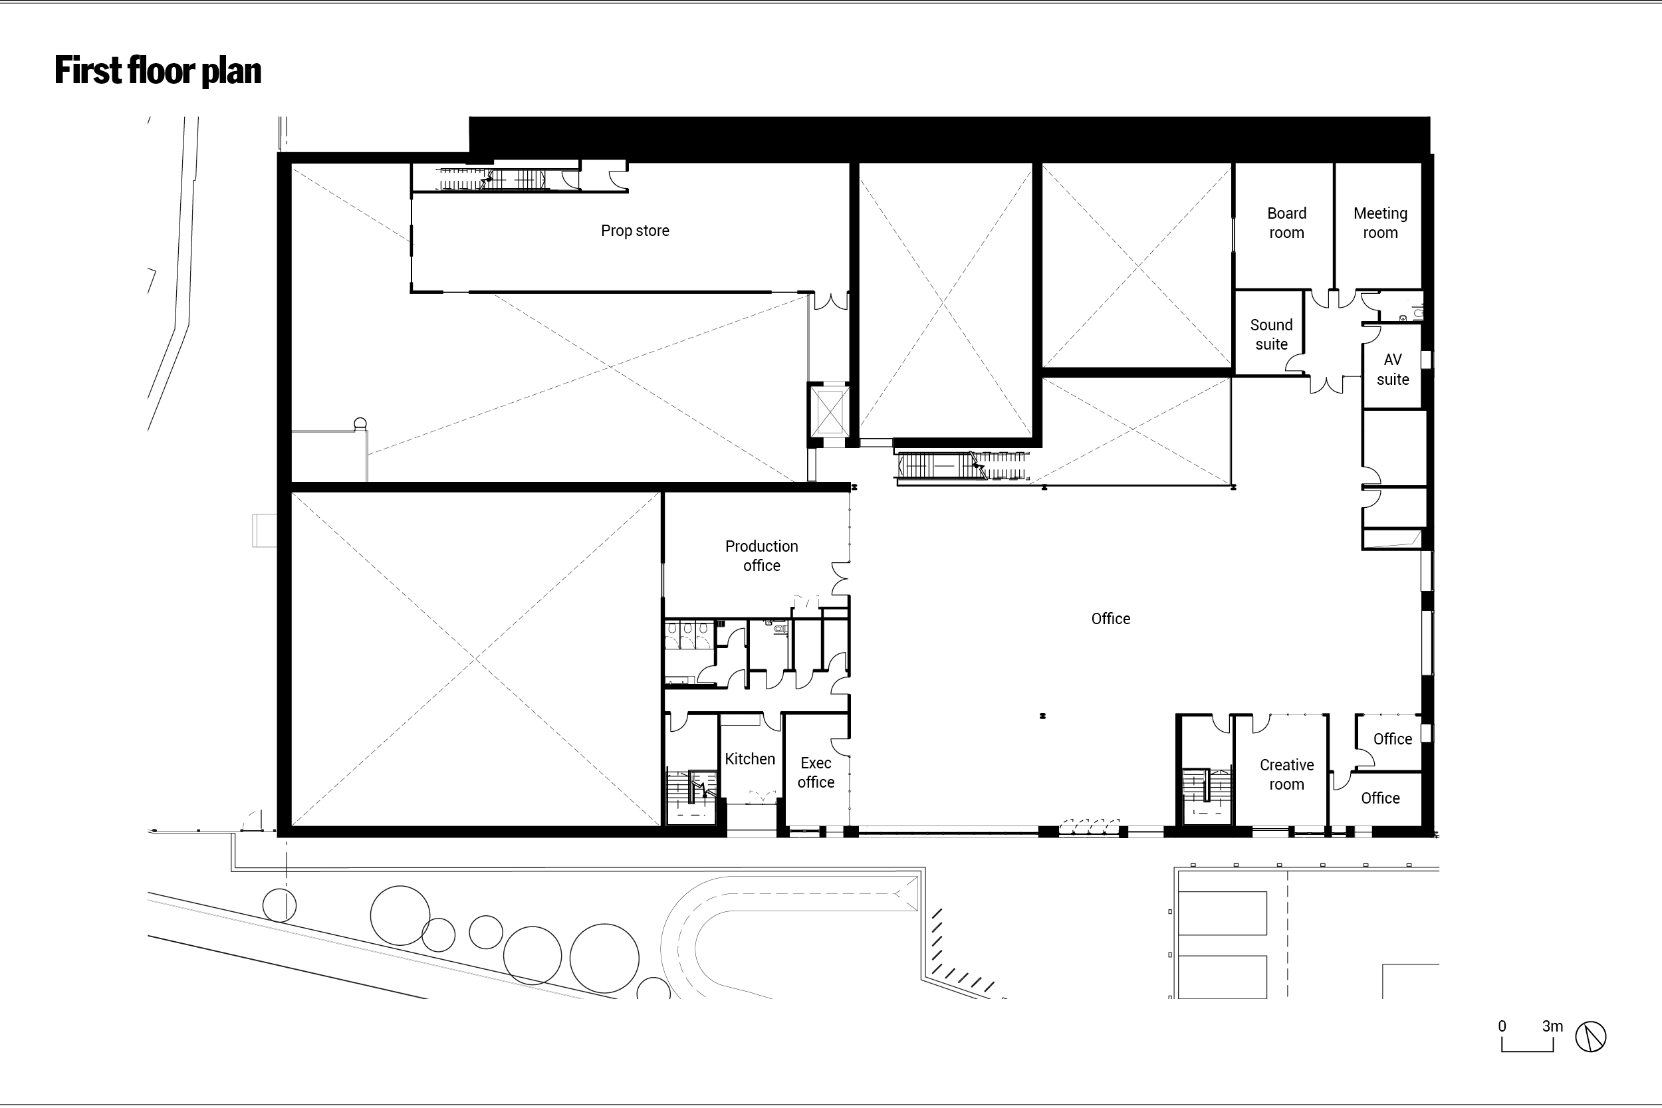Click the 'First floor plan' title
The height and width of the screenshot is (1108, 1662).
[158, 70]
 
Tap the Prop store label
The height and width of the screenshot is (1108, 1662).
[635, 231]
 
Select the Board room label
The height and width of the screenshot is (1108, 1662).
[1286, 223]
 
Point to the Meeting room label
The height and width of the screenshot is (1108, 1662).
[1380, 223]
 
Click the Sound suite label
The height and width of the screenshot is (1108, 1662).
[1271, 334]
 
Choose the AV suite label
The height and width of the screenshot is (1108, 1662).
[1392, 369]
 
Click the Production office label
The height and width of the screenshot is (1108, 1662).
[761, 556]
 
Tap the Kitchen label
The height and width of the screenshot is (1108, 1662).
[750, 759]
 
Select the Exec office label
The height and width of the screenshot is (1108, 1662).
[816, 772]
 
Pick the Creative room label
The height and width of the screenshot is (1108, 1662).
[1286, 774]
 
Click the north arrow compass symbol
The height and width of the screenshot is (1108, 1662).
[1591, 1037]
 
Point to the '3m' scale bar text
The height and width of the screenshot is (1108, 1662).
[1552, 1026]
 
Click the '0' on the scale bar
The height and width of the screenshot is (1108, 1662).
[1502, 1026]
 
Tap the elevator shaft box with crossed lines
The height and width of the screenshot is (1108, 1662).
[829, 410]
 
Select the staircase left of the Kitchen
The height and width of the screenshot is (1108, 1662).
[692, 796]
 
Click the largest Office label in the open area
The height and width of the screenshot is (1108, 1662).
[1110, 619]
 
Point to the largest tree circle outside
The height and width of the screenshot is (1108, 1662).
[604, 959]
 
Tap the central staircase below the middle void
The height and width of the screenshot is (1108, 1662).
[962, 466]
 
